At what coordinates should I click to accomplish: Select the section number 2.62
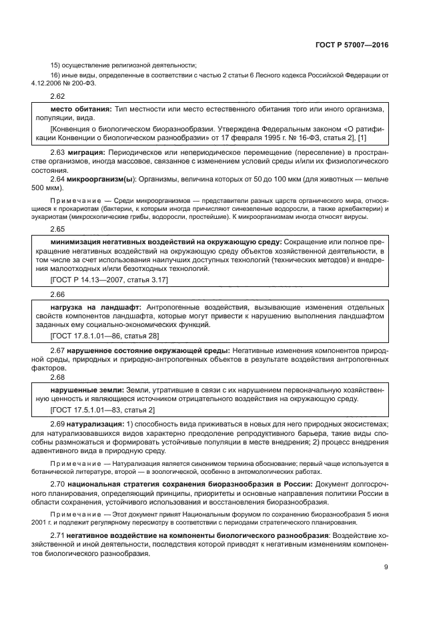57,97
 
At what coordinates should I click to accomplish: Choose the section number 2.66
57,294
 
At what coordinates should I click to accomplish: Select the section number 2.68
57,377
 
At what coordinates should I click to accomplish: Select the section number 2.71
57,537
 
